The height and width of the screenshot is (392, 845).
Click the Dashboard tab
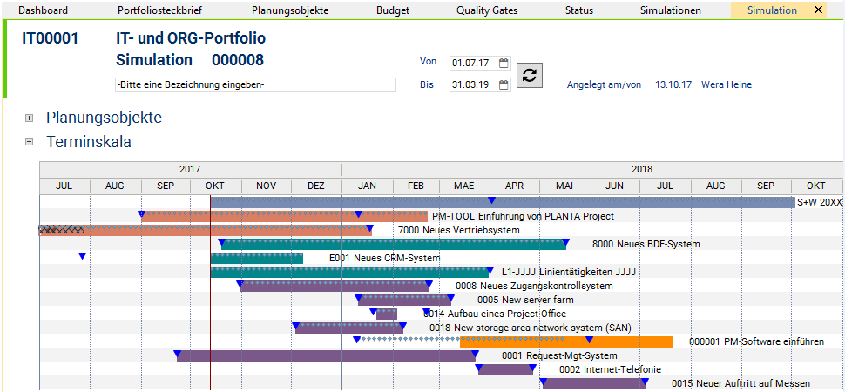[43, 10]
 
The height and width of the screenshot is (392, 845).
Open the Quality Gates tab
[487, 10]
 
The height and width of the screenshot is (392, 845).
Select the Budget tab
[393, 10]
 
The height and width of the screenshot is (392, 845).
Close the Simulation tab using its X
[818, 10]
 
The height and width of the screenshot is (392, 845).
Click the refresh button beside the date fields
[530, 75]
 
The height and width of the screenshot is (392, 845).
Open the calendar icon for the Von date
[504, 63]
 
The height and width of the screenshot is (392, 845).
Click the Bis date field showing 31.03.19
[474, 84]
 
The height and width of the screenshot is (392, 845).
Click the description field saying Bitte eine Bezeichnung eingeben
[256, 84]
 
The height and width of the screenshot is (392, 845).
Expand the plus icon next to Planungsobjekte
[30, 118]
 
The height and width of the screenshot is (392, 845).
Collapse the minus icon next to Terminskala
[30, 142]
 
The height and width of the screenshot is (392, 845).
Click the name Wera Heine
[727, 84]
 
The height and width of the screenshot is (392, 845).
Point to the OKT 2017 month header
[215, 186]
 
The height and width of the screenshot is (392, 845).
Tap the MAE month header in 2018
[464, 186]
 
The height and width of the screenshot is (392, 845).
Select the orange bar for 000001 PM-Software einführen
[566, 341]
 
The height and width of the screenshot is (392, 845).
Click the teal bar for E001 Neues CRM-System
[256, 258]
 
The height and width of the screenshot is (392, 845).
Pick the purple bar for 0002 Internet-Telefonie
[505, 370]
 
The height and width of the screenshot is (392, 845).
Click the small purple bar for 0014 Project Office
[387, 314]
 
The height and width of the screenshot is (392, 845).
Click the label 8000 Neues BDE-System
[646, 244]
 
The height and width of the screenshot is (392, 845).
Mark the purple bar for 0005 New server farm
[405, 301]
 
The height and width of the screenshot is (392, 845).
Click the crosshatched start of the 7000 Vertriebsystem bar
[62, 230]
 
